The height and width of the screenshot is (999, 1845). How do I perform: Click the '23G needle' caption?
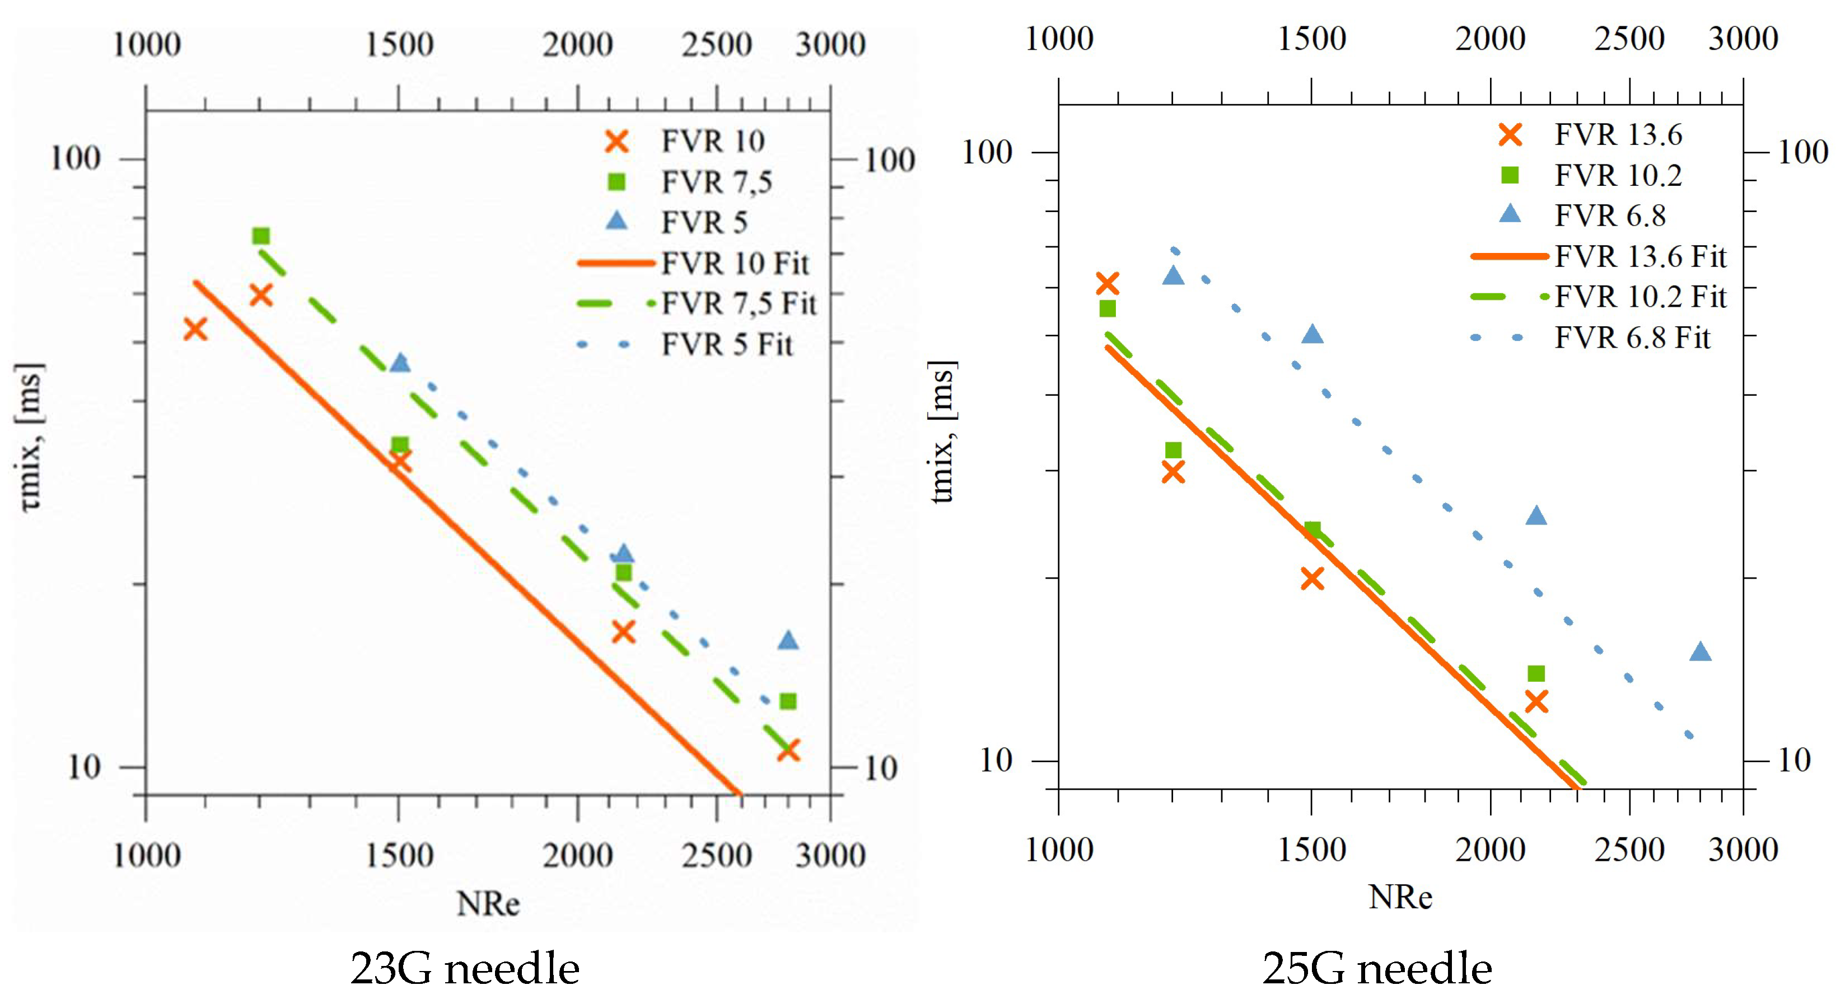point(464,968)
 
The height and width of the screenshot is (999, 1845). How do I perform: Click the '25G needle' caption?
point(1376,968)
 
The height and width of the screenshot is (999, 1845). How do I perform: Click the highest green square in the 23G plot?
point(261,236)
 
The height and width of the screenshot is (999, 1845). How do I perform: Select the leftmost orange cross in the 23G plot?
point(195,330)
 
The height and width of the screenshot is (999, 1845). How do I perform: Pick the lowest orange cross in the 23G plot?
point(788,751)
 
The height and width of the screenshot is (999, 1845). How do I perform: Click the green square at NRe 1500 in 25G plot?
point(1312,529)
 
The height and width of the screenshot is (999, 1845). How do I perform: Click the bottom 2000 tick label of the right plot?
point(1490,850)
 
